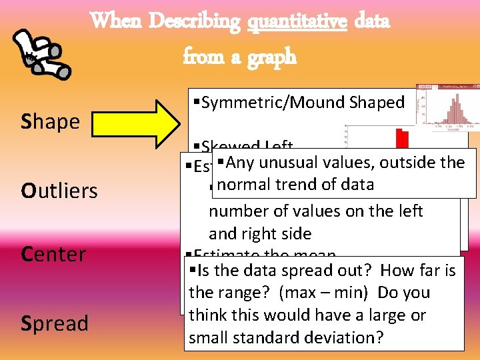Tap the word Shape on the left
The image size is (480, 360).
click(51, 121)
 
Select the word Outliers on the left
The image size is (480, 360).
click(59, 191)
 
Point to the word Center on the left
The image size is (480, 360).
click(53, 254)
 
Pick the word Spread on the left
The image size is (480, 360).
click(55, 323)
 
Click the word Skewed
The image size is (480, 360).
click(231, 147)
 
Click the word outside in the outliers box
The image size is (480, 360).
click(404, 163)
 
